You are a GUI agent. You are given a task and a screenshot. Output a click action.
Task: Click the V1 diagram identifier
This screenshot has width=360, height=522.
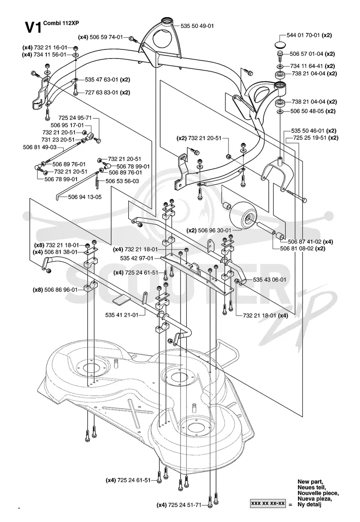pyautogui.click(x=33, y=27)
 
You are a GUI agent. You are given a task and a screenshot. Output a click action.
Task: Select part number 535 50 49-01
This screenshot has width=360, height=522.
pyautogui.click(x=198, y=26)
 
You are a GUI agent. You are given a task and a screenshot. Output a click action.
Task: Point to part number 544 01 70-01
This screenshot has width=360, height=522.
pyautogui.click(x=303, y=35)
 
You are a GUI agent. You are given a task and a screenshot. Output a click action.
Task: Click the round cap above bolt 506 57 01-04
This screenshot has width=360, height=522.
pyautogui.click(x=280, y=45)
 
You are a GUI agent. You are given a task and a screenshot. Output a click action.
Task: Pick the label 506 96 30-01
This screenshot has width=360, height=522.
pyautogui.click(x=214, y=230)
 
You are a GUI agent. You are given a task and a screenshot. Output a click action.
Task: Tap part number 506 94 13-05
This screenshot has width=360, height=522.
pyautogui.click(x=85, y=197)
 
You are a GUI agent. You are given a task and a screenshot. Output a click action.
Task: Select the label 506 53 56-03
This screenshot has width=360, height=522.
pyautogui.click(x=122, y=181)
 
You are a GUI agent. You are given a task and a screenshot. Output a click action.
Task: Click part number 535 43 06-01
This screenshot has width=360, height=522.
pyautogui.click(x=270, y=280)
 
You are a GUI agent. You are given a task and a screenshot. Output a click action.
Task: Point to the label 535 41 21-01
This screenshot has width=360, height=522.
pyautogui.click(x=121, y=315)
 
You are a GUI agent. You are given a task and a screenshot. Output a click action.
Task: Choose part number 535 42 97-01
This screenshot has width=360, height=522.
pyautogui.click(x=137, y=258)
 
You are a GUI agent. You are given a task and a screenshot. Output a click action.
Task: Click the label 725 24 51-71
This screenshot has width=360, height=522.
pyautogui.click(x=185, y=505)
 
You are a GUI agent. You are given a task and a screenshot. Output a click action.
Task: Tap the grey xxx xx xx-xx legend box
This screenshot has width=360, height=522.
pyautogui.click(x=268, y=504)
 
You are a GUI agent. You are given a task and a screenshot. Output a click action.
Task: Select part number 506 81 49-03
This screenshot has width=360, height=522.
pyautogui.click(x=40, y=147)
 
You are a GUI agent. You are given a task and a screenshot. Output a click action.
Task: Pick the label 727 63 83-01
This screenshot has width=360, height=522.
pyautogui.click(x=102, y=93)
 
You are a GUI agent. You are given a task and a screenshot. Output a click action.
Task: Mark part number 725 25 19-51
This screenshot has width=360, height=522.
pyautogui.click(x=310, y=138)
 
